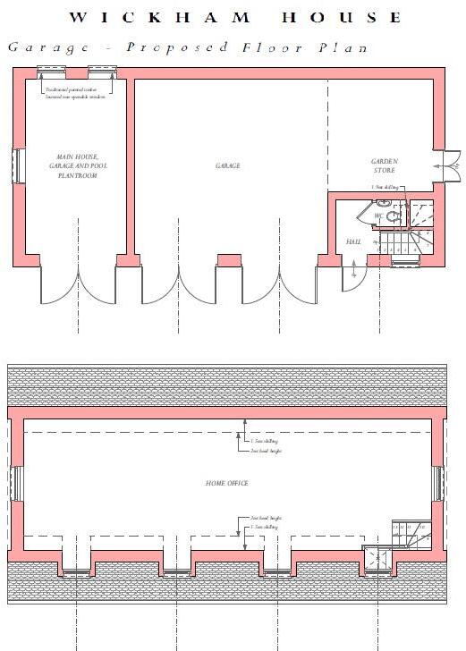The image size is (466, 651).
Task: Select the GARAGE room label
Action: (227, 165)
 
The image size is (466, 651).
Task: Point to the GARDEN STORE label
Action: (384, 165)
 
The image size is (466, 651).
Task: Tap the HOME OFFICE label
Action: (227, 483)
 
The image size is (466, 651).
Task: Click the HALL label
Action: (352, 242)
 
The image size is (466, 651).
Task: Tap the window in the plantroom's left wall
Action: (17, 166)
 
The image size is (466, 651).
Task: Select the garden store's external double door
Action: (446, 165)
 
